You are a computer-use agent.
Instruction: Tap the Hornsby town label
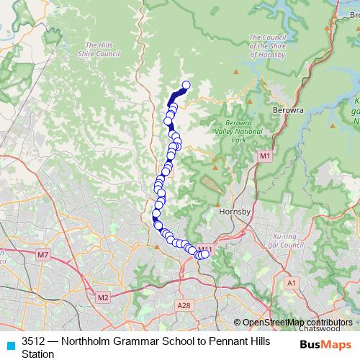click(234, 212)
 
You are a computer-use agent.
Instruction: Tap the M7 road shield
click(43, 255)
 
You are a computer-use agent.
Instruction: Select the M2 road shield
click(102, 297)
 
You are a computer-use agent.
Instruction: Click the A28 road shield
click(184, 305)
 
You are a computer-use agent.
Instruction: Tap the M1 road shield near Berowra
click(265, 156)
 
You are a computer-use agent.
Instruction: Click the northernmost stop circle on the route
click(186, 86)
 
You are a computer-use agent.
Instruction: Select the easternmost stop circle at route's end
click(205, 253)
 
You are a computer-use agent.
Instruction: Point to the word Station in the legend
click(39, 353)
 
